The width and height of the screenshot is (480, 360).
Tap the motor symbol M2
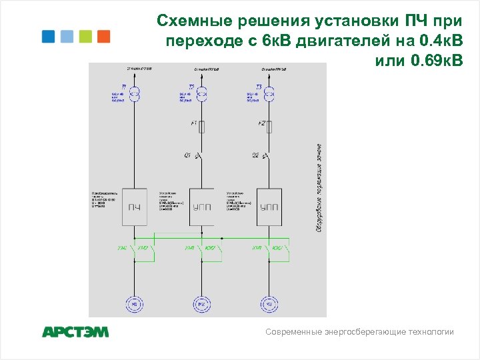(201, 304)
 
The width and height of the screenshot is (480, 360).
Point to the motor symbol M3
(269, 304)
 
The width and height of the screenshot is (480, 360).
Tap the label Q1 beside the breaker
(188, 155)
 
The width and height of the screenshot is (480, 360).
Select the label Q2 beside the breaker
(255, 155)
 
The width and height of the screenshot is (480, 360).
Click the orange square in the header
(103, 36)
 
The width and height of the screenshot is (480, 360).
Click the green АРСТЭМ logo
(75, 331)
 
